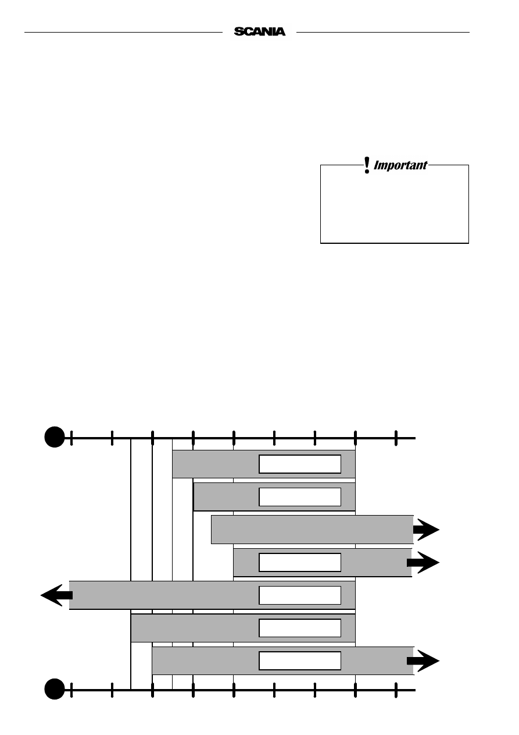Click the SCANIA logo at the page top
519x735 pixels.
click(x=259, y=32)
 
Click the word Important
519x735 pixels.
click(x=400, y=165)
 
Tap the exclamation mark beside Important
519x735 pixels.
click(x=367, y=165)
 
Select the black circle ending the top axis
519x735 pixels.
click(x=55, y=436)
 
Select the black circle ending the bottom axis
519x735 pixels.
click(x=55, y=689)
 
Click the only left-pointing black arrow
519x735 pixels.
click(x=56, y=595)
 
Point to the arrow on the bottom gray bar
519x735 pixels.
click(x=423, y=661)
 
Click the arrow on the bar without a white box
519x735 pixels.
click(x=426, y=530)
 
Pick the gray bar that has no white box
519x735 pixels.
click(x=312, y=530)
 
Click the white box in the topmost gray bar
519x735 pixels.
click(x=300, y=464)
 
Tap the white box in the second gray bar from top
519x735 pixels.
click(x=300, y=497)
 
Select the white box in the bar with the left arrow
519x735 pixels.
click(x=300, y=595)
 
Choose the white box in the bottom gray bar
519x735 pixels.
click(x=300, y=661)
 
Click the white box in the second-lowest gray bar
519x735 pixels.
click(x=300, y=628)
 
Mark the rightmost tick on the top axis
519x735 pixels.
click(x=396, y=438)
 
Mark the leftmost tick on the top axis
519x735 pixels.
click(x=71, y=438)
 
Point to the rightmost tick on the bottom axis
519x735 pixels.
click(x=396, y=690)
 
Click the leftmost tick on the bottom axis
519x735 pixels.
click(x=71, y=690)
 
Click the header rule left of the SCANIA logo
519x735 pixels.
click(x=124, y=32)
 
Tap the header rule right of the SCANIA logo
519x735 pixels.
click(x=382, y=32)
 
